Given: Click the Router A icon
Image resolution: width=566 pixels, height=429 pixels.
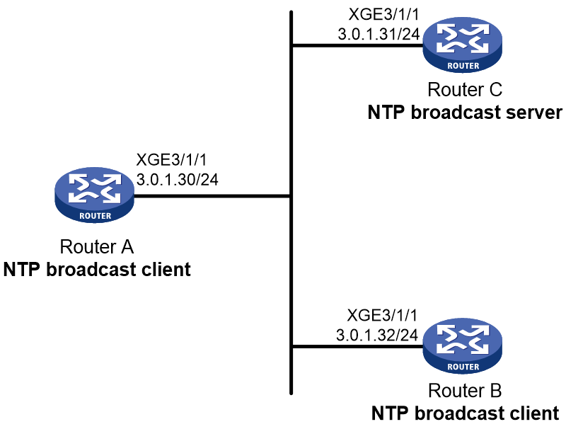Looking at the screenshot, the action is point(94,195).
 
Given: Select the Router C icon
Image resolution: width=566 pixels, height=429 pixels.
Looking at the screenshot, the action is point(463,45).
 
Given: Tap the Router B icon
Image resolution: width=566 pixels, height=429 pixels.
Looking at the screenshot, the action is point(463,345).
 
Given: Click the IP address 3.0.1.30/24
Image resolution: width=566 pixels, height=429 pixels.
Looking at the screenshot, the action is point(178,180).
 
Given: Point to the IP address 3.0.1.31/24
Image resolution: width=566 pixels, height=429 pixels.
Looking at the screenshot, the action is point(379,34).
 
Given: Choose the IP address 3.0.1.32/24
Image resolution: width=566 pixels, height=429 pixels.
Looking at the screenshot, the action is point(377,335).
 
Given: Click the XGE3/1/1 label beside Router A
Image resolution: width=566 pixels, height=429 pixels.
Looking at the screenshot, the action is point(171,159).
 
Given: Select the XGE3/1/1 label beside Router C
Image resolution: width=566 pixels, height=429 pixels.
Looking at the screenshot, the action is point(383,14).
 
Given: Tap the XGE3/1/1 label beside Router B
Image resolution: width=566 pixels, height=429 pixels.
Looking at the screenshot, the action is point(382,315).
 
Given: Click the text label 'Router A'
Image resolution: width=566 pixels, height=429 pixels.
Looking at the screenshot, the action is point(97,246).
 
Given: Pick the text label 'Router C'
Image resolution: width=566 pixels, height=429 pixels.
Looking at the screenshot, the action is point(465,90).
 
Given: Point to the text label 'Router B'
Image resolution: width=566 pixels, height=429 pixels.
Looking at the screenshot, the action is point(465,390).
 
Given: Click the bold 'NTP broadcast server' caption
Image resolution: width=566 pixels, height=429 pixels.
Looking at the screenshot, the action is point(465,113).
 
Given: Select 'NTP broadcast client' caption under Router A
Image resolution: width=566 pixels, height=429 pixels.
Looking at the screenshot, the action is point(97,270).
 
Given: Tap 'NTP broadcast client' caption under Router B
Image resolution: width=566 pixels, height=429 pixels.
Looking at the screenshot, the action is point(466,413).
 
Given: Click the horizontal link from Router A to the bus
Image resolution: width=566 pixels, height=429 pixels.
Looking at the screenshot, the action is point(212,196).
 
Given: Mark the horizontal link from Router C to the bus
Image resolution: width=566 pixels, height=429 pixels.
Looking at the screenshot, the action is point(357,45).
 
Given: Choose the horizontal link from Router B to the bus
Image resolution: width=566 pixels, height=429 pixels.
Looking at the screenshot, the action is point(357,347).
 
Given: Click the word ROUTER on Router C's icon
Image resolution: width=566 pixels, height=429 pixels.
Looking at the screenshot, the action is point(463,66).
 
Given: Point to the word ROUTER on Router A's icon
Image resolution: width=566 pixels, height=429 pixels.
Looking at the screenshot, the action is point(96,216).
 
